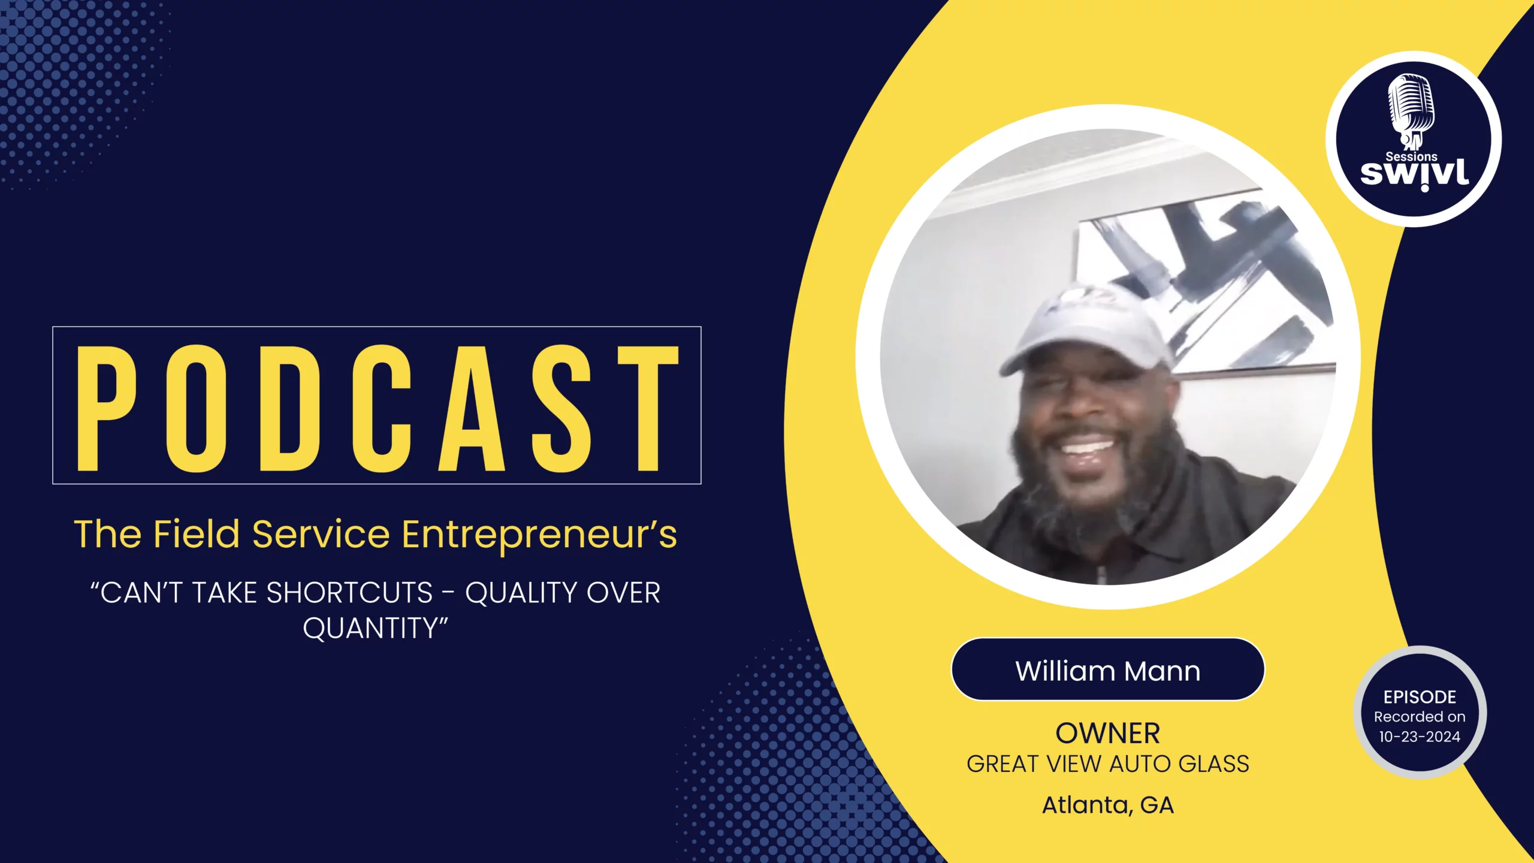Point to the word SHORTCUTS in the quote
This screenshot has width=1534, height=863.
click(x=349, y=593)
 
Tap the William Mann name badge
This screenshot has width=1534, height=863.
click(x=1108, y=669)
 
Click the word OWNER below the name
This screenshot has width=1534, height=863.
click(x=1108, y=734)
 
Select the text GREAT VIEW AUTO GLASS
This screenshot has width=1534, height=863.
click(x=1108, y=764)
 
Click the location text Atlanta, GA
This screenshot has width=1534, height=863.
click(x=1108, y=805)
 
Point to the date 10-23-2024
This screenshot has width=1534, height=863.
click(x=1420, y=737)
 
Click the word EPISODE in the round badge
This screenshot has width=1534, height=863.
click(x=1420, y=697)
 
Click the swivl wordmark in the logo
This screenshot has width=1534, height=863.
click(x=1415, y=174)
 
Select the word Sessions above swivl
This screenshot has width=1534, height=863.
click(x=1411, y=156)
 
